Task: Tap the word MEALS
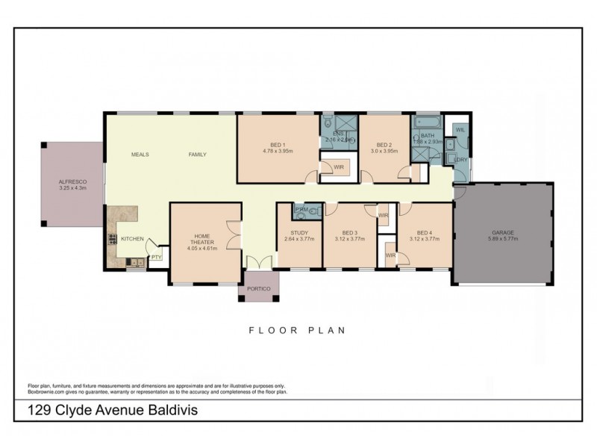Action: [140, 155]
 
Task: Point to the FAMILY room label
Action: [197, 155]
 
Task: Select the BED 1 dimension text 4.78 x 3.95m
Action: [278, 150]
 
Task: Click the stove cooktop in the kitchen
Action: [113, 239]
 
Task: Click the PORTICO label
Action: [257, 288]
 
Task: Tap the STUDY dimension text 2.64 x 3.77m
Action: [299, 239]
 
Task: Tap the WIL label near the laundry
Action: [460, 130]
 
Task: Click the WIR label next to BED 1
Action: [338, 167]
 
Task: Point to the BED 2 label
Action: [384, 144]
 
